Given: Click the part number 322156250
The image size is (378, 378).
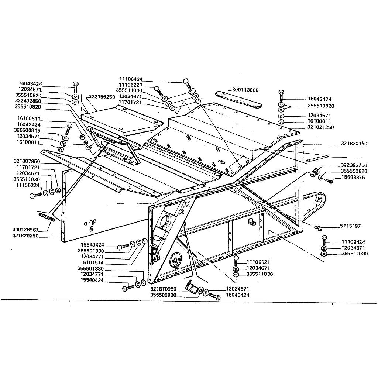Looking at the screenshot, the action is [x=102, y=97].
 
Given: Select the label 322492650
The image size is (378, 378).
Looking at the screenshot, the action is [x=28, y=101].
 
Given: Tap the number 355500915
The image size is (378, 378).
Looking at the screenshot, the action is [x=27, y=130].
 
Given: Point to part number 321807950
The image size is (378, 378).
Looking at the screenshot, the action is [x=27, y=161].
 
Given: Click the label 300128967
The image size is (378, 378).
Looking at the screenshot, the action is [x=25, y=230].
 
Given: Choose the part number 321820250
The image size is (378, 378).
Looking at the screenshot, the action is [x=25, y=236].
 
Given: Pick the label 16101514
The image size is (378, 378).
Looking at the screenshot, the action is [x=92, y=262].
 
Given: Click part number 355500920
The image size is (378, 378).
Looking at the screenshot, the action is [x=163, y=295].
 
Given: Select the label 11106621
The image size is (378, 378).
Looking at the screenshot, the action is [x=258, y=262].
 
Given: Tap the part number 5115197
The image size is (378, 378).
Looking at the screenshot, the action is [x=350, y=226].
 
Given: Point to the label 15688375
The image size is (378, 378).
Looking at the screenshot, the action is [x=353, y=177].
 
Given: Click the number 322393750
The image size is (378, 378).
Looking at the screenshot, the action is [x=354, y=165].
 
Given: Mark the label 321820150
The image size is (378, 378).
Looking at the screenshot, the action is [x=354, y=144].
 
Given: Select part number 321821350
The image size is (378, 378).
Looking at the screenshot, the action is [x=320, y=127].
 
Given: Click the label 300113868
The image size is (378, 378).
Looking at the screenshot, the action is [x=245, y=90].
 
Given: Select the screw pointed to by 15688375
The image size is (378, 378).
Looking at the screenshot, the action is [x=329, y=180].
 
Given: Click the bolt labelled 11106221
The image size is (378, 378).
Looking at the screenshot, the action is [x=159, y=91].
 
